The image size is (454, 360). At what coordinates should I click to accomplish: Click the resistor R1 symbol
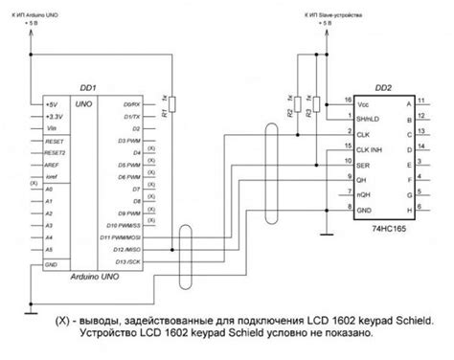tap(167, 108)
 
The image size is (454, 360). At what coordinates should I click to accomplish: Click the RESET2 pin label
tap(58, 151)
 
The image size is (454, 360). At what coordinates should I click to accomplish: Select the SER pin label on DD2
tap(362, 166)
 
